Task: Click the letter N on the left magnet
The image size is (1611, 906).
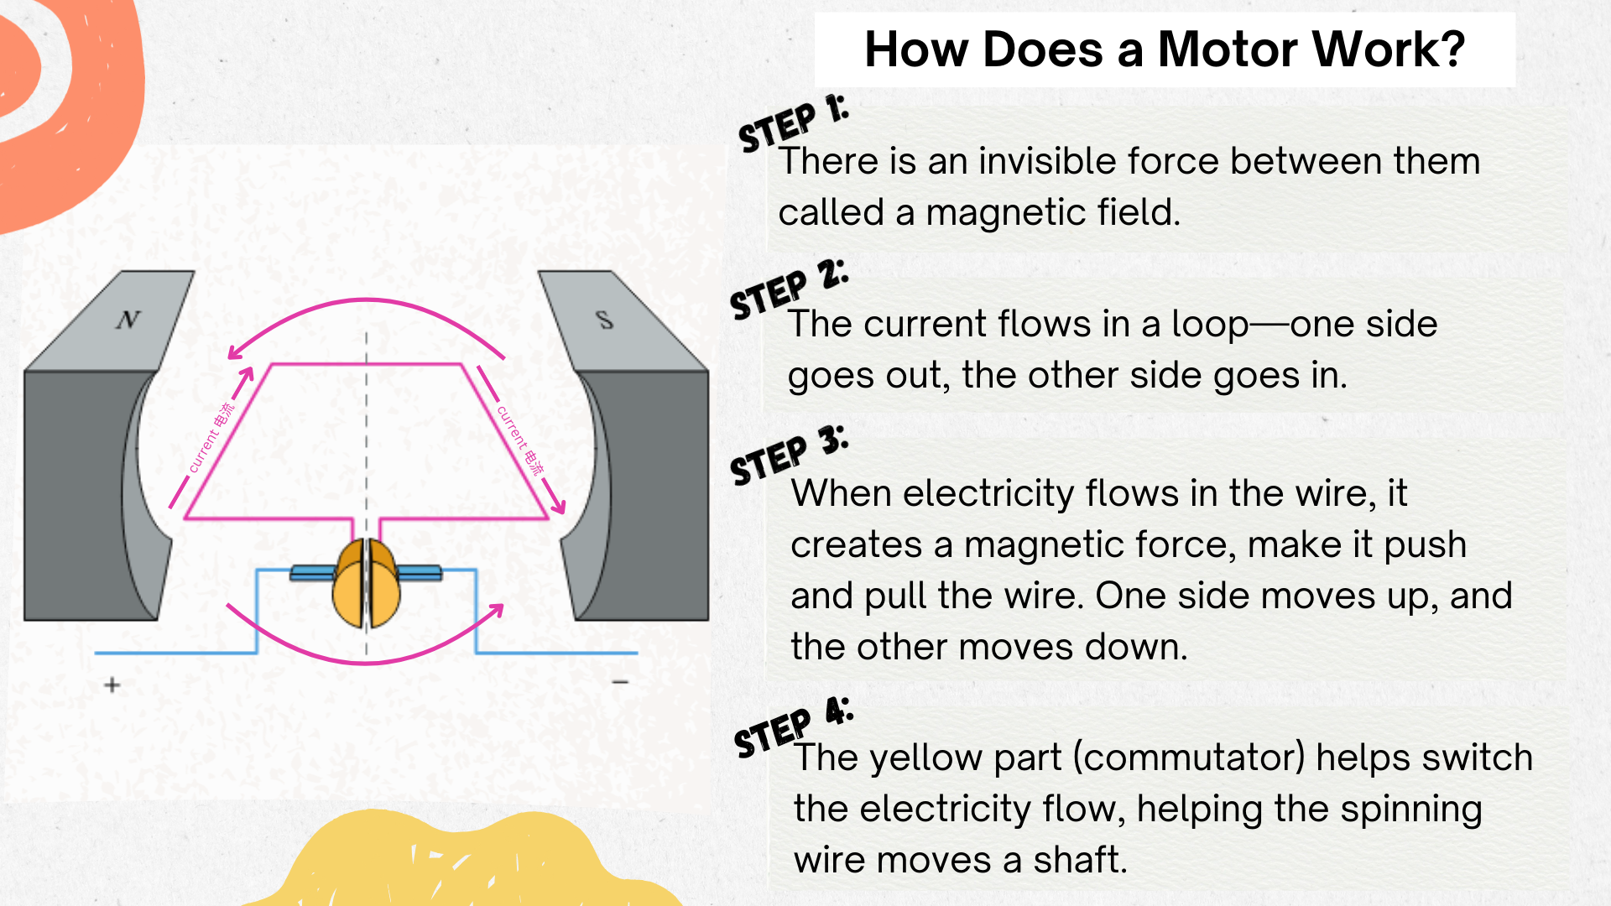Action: (128, 320)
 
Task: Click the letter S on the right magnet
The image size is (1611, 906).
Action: (604, 320)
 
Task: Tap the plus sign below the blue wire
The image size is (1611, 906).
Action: (112, 685)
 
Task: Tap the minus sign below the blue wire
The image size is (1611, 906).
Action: (620, 682)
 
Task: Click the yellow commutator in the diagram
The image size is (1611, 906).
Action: (367, 584)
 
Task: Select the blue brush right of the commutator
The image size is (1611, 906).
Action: (420, 574)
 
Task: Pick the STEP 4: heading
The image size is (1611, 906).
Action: (793, 726)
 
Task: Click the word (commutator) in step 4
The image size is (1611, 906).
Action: (1189, 758)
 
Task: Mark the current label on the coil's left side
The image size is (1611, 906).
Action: (211, 438)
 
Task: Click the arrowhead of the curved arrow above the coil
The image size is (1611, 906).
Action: (234, 353)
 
